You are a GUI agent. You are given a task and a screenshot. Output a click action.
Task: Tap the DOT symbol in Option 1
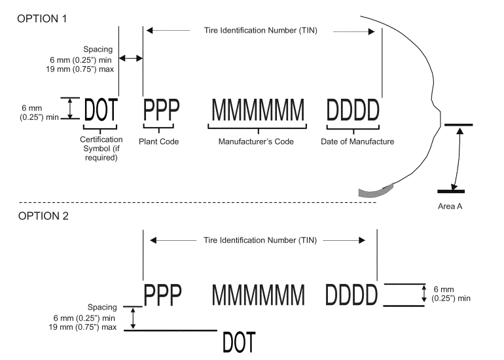click(101, 109)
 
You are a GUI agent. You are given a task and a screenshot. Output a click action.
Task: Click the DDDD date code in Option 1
click(353, 109)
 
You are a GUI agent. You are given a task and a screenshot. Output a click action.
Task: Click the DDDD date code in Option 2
click(352, 295)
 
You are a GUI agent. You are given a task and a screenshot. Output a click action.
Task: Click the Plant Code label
click(158, 141)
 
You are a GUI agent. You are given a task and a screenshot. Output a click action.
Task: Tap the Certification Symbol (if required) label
click(100, 149)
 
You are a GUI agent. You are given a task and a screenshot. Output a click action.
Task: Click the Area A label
click(451, 206)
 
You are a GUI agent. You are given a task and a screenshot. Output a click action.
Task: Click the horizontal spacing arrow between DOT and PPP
click(131, 59)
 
